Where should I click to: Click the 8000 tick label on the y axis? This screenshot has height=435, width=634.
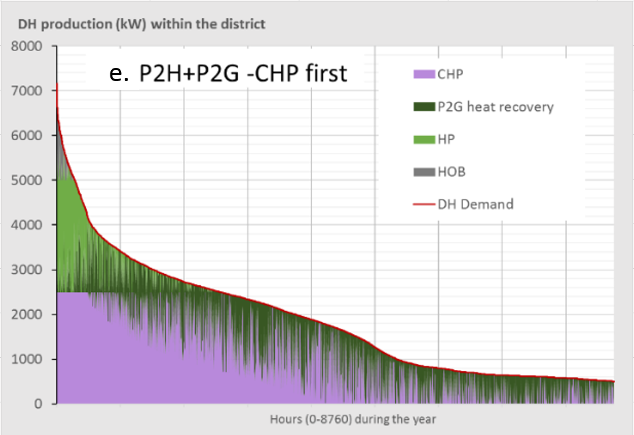coord(27,47)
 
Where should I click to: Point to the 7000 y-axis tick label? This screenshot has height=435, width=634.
coord(27,91)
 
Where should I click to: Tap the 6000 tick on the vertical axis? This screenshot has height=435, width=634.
coord(27,136)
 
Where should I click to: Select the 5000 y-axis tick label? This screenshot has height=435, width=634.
coord(27,180)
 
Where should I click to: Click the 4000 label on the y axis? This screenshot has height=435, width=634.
coord(27,225)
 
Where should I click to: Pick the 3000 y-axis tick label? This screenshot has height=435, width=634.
coord(27,270)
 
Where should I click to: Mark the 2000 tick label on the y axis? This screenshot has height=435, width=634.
coord(27,315)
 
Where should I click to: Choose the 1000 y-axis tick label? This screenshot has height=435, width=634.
coord(27,360)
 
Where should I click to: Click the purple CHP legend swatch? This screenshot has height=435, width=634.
coord(423,74)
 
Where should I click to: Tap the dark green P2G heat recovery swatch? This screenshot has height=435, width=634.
coord(423,106)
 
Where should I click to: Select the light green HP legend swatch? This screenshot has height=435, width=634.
coord(423,139)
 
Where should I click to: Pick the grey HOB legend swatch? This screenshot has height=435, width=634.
coord(423,172)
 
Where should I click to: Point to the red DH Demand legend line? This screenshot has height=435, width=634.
coord(423,204)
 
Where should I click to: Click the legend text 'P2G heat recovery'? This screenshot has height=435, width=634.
coord(495,106)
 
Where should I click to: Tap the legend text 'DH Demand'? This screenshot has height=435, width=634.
coord(475,204)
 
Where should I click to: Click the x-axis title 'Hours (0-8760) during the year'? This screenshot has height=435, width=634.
coord(353,420)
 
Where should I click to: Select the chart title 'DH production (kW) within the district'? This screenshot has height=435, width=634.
coord(142,24)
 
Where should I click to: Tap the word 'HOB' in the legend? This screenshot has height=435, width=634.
coord(451,172)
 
